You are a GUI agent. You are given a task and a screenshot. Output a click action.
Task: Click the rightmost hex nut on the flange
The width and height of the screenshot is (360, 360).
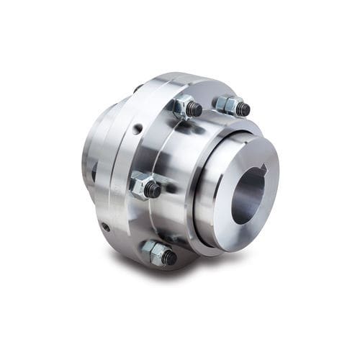(x=228, y=106)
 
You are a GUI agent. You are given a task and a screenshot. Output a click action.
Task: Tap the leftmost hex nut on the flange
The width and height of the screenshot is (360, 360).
(x=141, y=186)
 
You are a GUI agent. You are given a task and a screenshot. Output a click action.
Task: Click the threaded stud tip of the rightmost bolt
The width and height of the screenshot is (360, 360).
(x=243, y=110)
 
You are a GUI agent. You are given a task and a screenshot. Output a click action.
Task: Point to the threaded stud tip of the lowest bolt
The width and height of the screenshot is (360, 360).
(x=170, y=258)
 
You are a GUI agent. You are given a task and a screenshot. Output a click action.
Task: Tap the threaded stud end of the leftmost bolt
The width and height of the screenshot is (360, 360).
(x=153, y=190)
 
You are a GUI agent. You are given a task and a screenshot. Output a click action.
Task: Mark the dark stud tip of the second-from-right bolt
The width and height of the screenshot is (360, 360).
(x=195, y=110)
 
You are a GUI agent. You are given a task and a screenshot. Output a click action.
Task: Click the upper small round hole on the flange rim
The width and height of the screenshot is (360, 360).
(x=136, y=130)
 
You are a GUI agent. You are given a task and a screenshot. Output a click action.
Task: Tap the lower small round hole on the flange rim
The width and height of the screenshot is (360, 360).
(x=106, y=227)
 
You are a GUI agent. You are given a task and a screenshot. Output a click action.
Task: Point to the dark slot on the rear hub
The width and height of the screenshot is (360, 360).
(x=93, y=172)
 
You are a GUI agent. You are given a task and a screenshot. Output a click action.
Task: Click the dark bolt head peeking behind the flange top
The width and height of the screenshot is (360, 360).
(x=137, y=89)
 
